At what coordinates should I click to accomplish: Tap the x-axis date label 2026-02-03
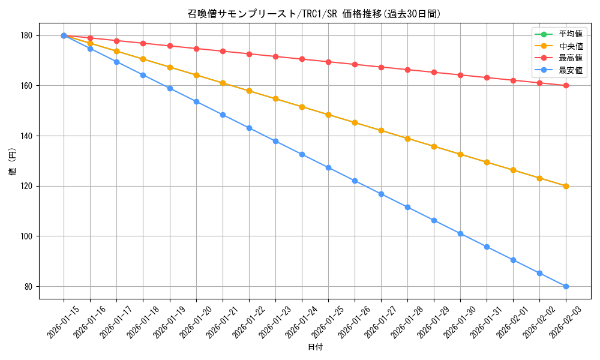point(562,323)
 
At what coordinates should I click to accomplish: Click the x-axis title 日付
point(314,347)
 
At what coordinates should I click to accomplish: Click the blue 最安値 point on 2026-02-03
point(566,286)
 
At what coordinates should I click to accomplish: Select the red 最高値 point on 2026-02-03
point(566,86)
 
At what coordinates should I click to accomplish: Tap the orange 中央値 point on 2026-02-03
point(566,186)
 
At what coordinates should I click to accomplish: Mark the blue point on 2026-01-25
point(328,167)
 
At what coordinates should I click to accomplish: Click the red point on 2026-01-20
point(196,49)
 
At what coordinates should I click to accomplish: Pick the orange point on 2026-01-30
point(460,154)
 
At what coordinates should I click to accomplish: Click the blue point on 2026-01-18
point(143,75)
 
